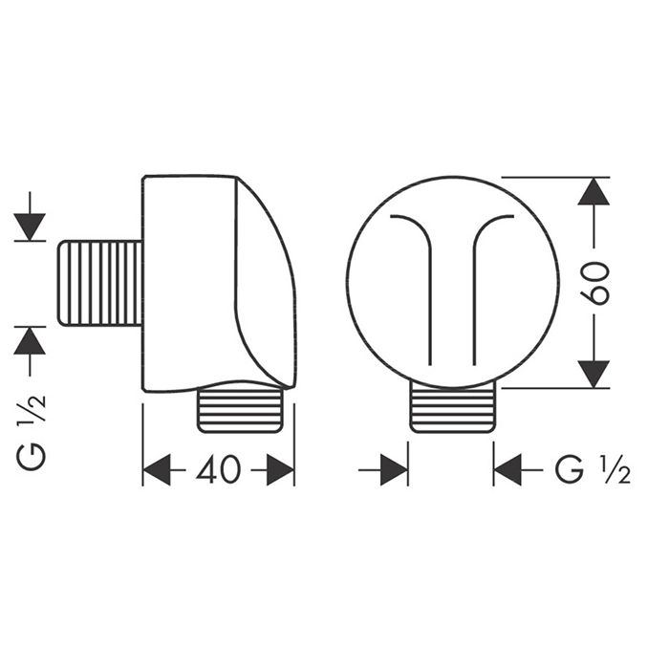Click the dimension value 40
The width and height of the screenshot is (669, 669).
tap(219, 469)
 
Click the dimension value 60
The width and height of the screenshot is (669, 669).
tap(594, 283)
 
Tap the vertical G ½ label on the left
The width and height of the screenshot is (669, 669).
tap(30, 431)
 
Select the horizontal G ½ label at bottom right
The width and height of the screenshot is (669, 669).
tap(593, 469)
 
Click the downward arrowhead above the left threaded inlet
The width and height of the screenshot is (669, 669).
tap(30, 227)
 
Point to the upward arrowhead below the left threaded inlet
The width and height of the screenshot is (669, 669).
tap(30, 340)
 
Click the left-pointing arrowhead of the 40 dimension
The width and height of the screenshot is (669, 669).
tap(157, 469)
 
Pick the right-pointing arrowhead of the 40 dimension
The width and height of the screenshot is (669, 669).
tap(280, 469)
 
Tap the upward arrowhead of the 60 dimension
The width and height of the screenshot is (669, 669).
tap(593, 191)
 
